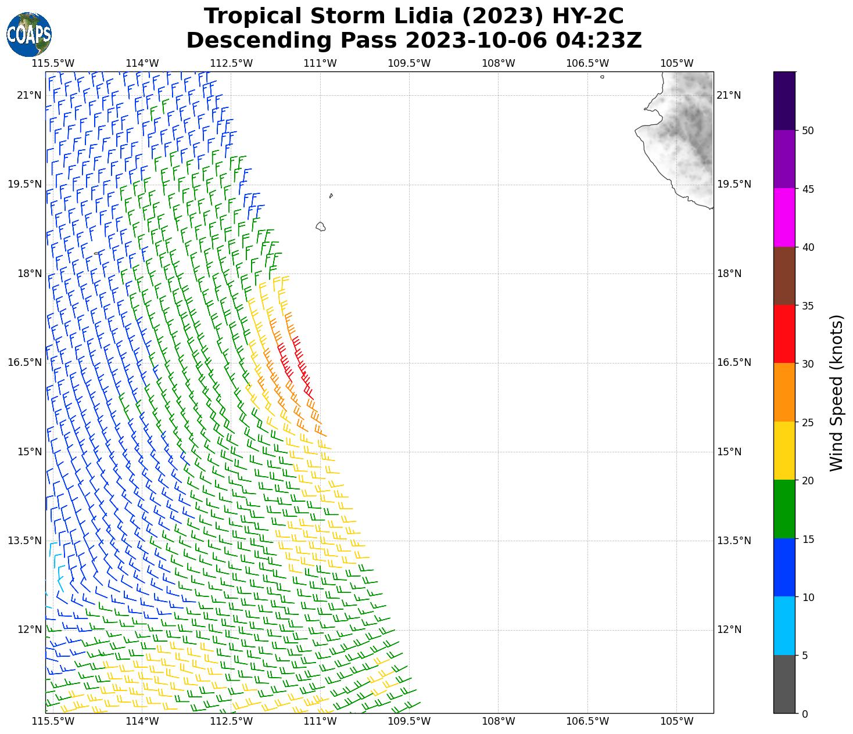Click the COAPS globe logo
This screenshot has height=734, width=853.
click(29, 34)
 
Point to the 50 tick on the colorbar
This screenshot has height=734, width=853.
click(807, 131)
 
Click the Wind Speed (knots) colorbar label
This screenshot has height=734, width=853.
click(836, 393)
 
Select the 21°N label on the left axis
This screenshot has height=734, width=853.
click(29, 95)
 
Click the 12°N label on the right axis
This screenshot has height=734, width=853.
click(729, 629)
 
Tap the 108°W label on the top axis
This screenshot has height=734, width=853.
click(499, 63)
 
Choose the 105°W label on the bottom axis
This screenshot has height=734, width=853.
click(677, 721)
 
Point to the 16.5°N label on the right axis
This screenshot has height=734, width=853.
click(734, 362)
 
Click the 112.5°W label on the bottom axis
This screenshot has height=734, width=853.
click(231, 721)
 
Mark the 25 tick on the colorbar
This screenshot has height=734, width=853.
click(807, 422)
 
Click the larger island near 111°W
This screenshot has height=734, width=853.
click(320, 226)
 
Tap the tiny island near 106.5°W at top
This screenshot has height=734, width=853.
click(602, 77)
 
